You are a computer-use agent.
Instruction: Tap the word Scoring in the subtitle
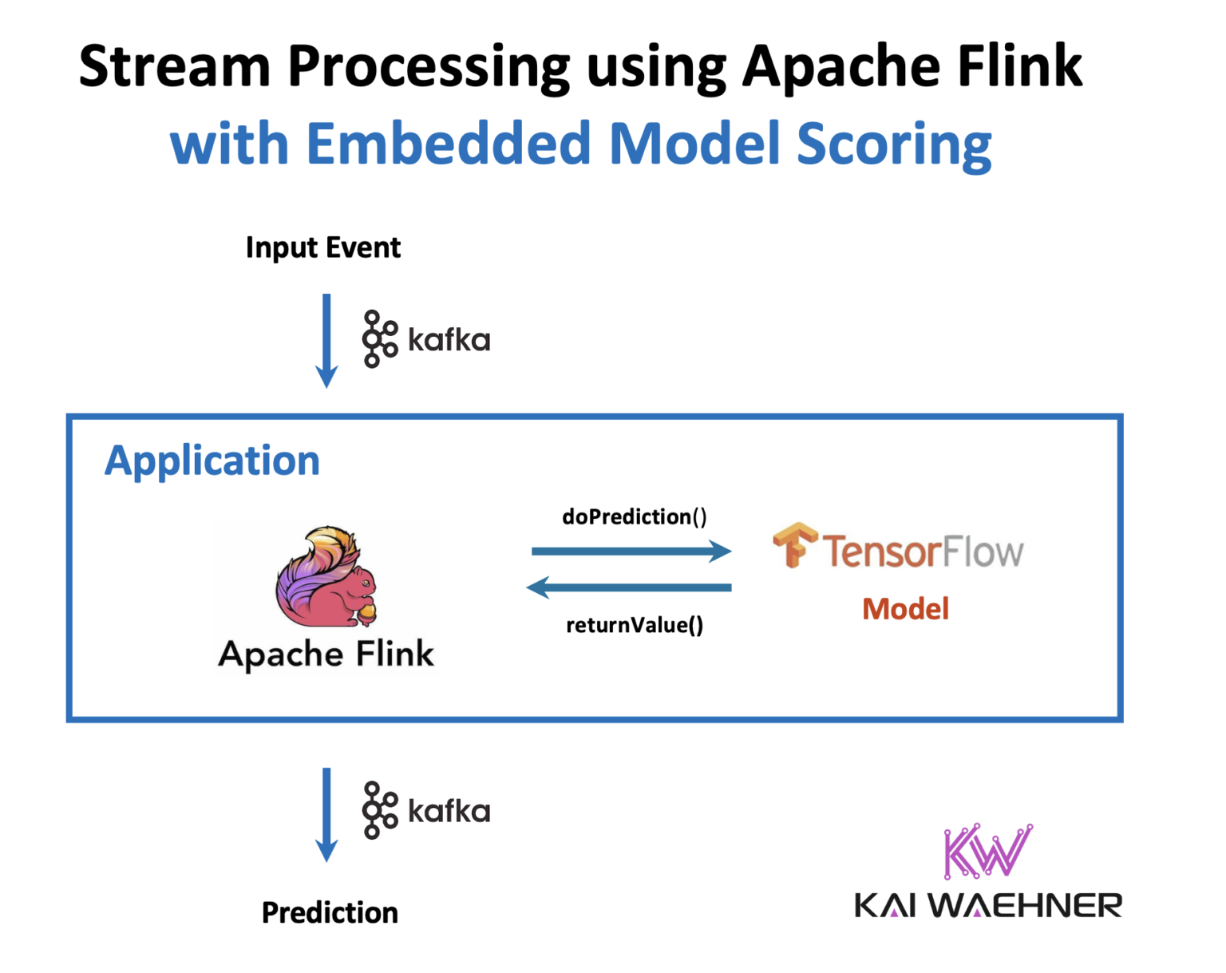[x=894, y=145]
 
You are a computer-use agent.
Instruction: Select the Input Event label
[x=322, y=247]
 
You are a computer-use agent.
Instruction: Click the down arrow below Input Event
[x=326, y=340]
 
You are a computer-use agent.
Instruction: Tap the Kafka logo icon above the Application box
[x=379, y=339]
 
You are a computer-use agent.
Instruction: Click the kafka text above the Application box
[x=449, y=340]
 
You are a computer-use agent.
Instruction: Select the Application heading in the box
[x=212, y=461]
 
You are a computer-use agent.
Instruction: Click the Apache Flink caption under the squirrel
[x=326, y=654]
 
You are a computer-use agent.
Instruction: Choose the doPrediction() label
[x=635, y=516]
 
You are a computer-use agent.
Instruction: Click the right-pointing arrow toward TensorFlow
[x=631, y=551]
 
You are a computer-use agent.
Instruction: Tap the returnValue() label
[x=635, y=625]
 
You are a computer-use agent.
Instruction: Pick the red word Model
[x=905, y=609]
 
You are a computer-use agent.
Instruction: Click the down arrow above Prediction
[x=326, y=814]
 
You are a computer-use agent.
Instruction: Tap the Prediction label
[x=330, y=912]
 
